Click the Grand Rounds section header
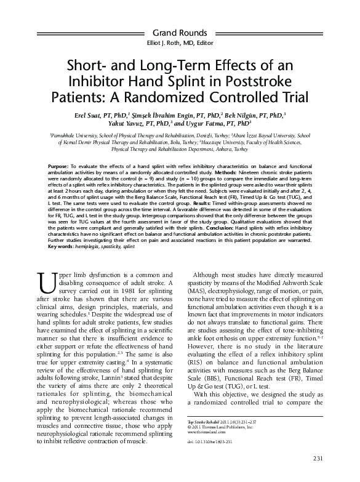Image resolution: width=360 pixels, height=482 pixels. click(x=180, y=31)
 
